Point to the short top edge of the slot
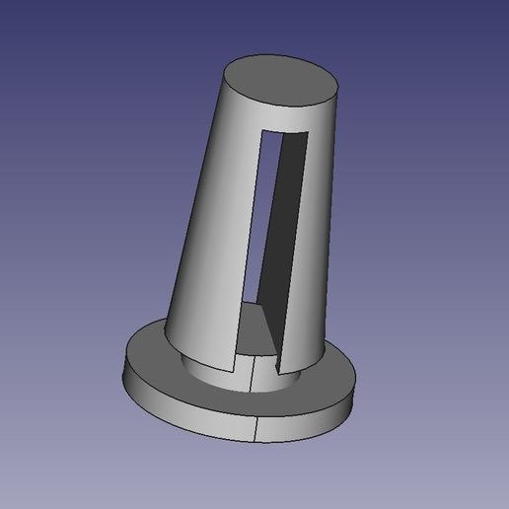pos(286,131)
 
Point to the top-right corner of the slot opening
pos(309,132)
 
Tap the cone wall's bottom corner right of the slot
pos(278,372)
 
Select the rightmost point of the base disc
pos(354,387)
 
